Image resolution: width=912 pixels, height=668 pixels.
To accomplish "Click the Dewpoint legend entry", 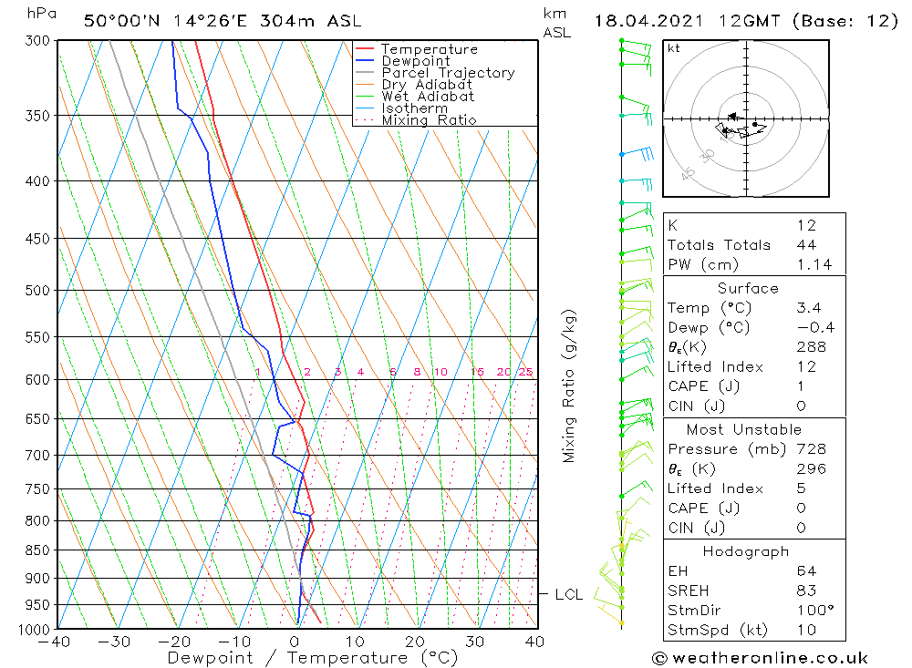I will point(415,61).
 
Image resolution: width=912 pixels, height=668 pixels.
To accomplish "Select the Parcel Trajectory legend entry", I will point(447,73).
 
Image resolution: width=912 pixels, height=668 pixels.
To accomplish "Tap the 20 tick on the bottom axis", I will point(415,642).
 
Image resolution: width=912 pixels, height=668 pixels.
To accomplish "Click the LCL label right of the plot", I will point(568,595).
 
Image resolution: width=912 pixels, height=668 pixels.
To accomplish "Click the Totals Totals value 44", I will point(806,244).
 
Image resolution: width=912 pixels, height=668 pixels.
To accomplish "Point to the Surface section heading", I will point(748,288).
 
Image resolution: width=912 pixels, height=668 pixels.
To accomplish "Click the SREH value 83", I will point(805,591).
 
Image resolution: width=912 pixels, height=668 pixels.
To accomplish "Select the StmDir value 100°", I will point(812,610).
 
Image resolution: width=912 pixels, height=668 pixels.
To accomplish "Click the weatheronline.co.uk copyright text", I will point(760,658).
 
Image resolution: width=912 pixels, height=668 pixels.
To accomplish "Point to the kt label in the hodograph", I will point(674,48).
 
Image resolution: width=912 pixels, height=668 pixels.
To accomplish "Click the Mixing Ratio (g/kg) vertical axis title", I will point(569,385).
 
